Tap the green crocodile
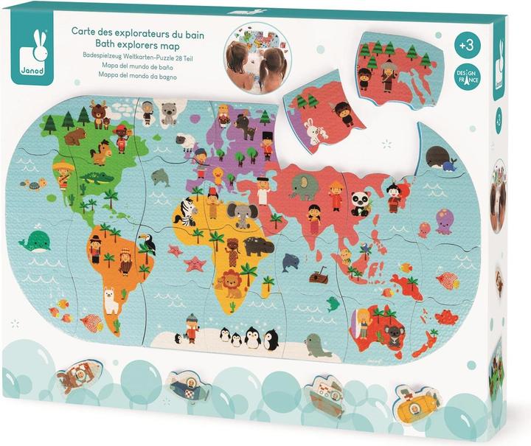point(97,177)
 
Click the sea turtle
point(32,184)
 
